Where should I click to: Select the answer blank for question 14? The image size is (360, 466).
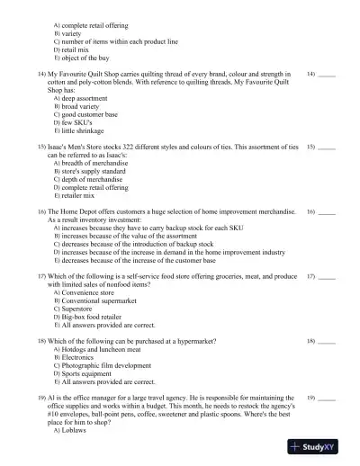click(327, 75)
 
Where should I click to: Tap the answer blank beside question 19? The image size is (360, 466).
click(327, 398)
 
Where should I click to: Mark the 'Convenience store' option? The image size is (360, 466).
click(89, 292)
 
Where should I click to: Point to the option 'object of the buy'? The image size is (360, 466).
click(90, 58)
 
